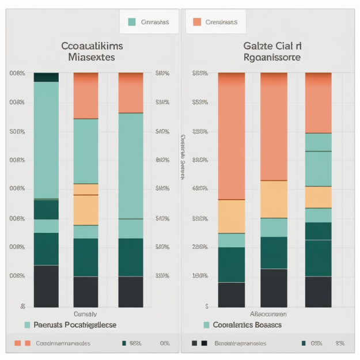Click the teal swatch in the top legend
pyautogui.click(x=132, y=22)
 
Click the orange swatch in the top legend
pyautogui.click(x=197, y=22)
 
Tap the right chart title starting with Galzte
pyautogui.click(x=272, y=51)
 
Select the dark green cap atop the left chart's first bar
pyautogui.click(x=46, y=77)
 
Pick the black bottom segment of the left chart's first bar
pyautogui.click(x=46, y=286)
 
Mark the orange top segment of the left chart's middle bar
pyautogui.click(x=86, y=96)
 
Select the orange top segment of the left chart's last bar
pyautogui.click(x=131, y=93)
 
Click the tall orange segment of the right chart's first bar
pyautogui.click(x=232, y=136)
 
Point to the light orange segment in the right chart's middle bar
pyautogui.click(x=274, y=199)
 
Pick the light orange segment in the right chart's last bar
pyautogui.click(x=318, y=197)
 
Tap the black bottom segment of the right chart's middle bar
pyautogui.click(x=274, y=288)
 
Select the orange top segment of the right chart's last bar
pyautogui.click(x=318, y=103)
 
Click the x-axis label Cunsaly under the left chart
pyautogui.click(x=85, y=314)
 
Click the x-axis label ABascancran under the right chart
pyautogui.click(x=268, y=314)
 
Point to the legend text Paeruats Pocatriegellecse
pyautogui.click(x=75, y=325)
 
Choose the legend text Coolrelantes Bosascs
pyautogui.click(x=247, y=325)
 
